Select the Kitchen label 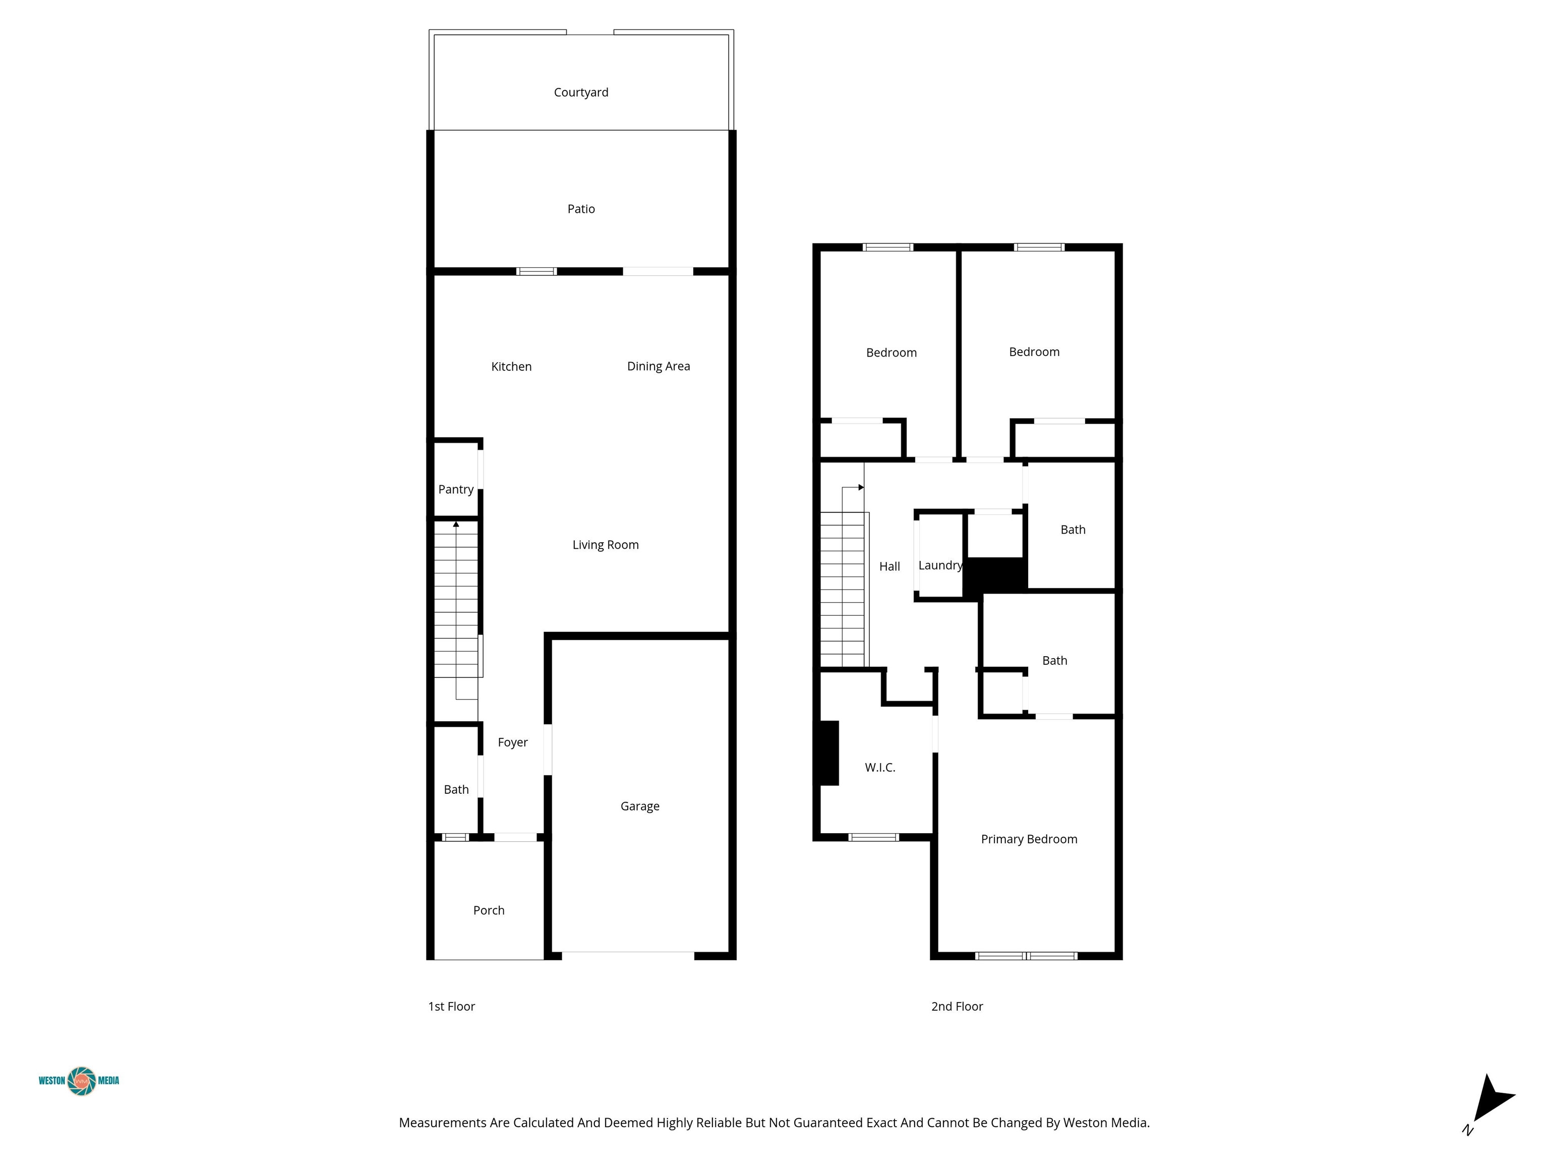[x=511, y=366]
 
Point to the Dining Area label [x=658, y=366]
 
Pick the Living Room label [x=606, y=545]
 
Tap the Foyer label [x=513, y=742]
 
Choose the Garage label [x=640, y=806]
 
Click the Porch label [x=489, y=910]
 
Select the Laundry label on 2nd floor [x=940, y=565]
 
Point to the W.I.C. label [x=880, y=768]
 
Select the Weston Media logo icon [x=82, y=1081]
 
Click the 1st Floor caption [x=452, y=1007]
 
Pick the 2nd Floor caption [x=957, y=1007]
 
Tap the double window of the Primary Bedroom [x=1026, y=955]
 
